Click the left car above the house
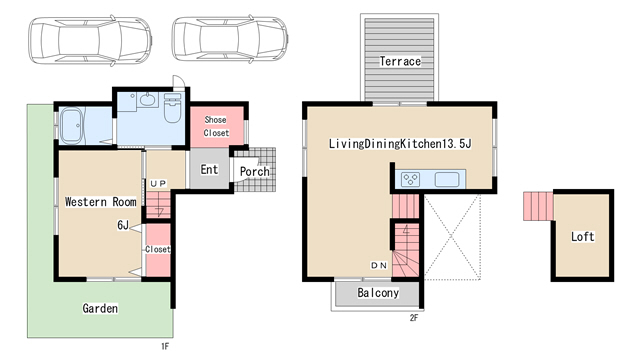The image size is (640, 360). pyautogui.click(x=90, y=40)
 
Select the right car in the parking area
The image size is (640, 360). pyautogui.click(x=230, y=39)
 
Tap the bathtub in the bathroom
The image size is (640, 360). pyautogui.click(x=72, y=126)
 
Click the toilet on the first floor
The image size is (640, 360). pyautogui.click(x=172, y=107)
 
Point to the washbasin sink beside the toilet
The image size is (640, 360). pyautogui.click(x=147, y=99)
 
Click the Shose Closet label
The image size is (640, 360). pyautogui.click(x=216, y=126)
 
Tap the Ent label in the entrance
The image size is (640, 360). pyautogui.click(x=209, y=169)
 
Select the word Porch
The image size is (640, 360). pyautogui.click(x=254, y=171)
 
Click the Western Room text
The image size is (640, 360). pyautogui.click(x=100, y=202)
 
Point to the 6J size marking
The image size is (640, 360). pyautogui.click(x=123, y=225)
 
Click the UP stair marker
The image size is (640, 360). pyautogui.click(x=158, y=184)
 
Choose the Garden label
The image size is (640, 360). pyautogui.click(x=100, y=308)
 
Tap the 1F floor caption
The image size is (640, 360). pyautogui.click(x=164, y=347)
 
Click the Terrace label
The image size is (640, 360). pyautogui.click(x=400, y=61)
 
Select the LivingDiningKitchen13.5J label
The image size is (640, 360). pyautogui.click(x=400, y=144)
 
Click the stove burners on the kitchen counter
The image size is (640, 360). pyautogui.click(x=410, y=179)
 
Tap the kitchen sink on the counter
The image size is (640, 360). pyautogui.click(x=447, y=180)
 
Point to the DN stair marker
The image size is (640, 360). pyautogui.click(x=378, y=265)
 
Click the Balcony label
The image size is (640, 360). pyautogui.click(x=378, y=293)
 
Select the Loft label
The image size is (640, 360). pyautogui.click(x=582, y=236)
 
